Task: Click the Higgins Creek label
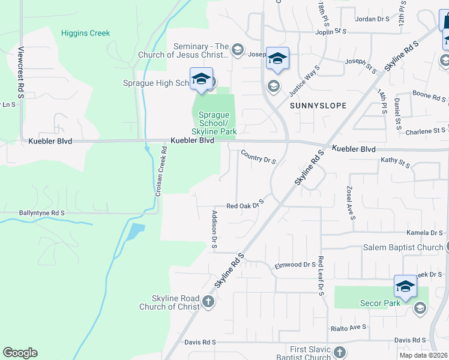tap(86, 33)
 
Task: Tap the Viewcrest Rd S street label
tap(20, 73)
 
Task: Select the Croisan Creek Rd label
tap(161, 173)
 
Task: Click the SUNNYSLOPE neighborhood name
tap(318, 106)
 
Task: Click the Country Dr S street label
tap(258, 157)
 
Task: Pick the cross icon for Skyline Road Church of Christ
tap(208, 301)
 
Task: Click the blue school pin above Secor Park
tap(405, 286)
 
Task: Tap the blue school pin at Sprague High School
tap(201, 79)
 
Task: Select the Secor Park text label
tap(384, 303)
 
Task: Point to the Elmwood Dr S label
tap(295, 265)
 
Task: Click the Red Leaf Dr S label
tap(321, 276)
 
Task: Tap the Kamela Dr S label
tap(424, 233)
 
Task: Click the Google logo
tap(20, 353)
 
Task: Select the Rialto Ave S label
tap(349, 328)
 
